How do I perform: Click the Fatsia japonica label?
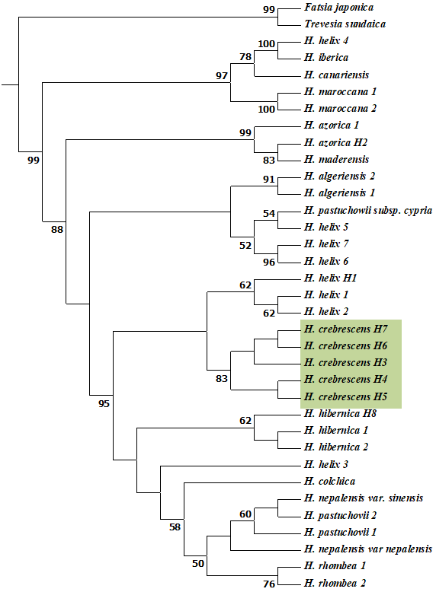[339, 8]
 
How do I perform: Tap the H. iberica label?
[326, 58]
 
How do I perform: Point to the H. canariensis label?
[336, 75]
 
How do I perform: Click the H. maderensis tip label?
[336, 159]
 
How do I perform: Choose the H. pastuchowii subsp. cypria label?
[368, 210]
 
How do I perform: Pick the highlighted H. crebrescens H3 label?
[345, 362]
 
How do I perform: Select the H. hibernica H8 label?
[340, 413]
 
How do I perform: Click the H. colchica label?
[329, 482]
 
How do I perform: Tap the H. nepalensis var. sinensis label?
[364, 498]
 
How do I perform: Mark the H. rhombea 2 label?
[335, 583]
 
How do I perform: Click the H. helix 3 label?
[326, 464]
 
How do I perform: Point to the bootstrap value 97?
[222, 75]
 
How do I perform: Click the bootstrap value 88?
[57, 229]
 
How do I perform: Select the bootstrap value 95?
[104, 403]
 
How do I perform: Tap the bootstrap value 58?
[175, 527]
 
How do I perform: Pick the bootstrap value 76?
[269, 584]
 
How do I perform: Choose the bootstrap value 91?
[269, 179]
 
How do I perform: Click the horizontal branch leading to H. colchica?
[242, 482]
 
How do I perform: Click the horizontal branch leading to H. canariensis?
[277, 76]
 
